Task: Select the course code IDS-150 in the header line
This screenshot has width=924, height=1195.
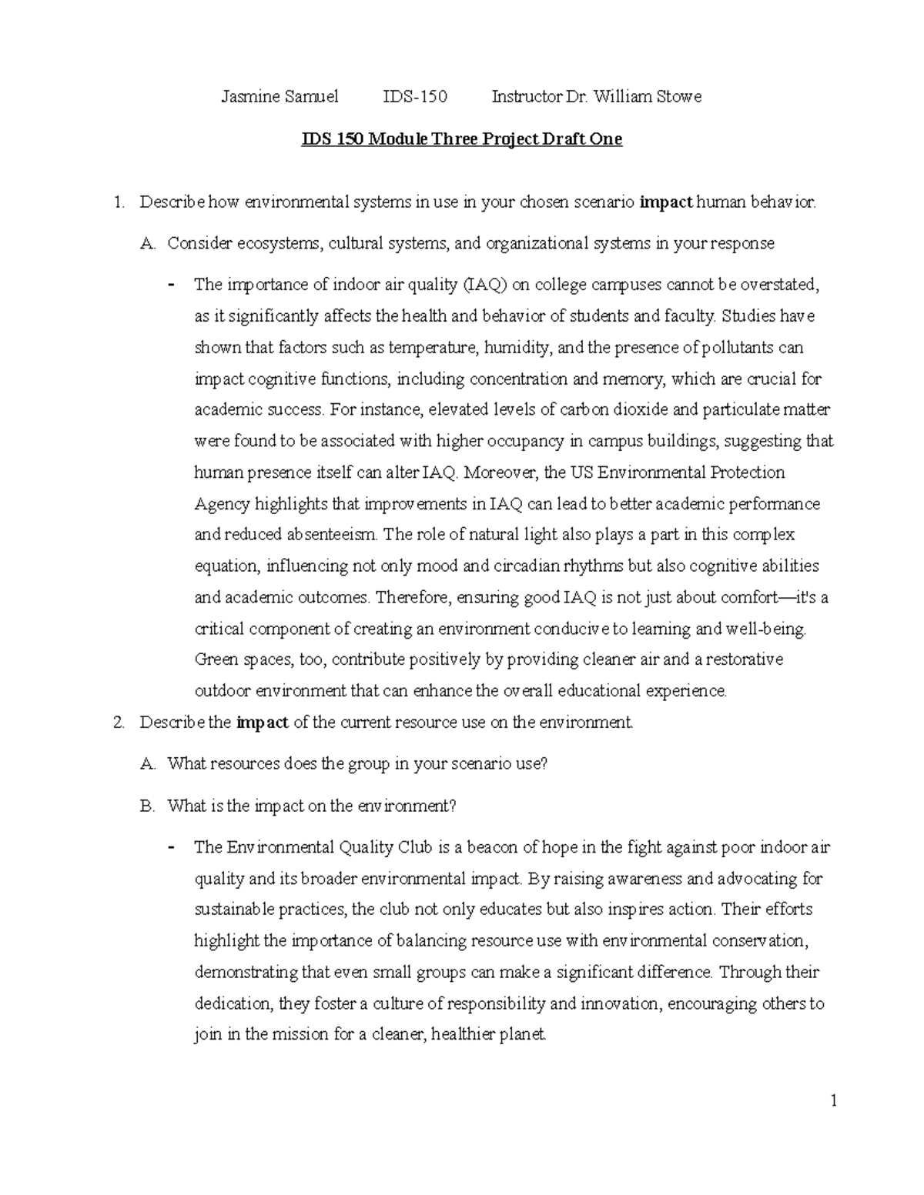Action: [415, 97]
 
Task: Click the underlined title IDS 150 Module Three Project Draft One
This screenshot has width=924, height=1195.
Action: [460, 139]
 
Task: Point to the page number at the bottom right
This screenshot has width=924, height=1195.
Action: [833, 1101]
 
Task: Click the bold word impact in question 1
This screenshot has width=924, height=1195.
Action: [666, 203]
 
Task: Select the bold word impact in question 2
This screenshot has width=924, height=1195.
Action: [262, 723]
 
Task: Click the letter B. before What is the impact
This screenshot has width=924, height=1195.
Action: [148, 806]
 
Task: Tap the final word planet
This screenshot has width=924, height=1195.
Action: [524, 1035]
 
